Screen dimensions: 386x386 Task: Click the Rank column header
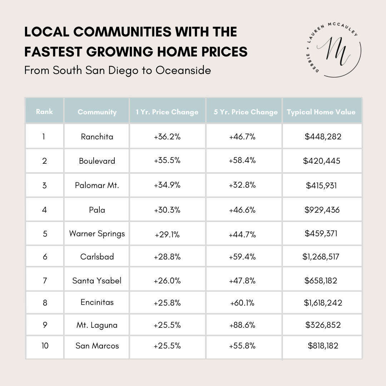click(x=44, y=112)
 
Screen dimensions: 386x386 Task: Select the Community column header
click(x=97, y=112)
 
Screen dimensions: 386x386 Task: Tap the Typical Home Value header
click(x=321, y=112)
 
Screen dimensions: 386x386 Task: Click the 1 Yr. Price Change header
click(x=167, y=112)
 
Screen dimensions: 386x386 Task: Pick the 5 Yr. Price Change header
click(x=246, y=112)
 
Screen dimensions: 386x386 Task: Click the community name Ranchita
click(x=97, y=137)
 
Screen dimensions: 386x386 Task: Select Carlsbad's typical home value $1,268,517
click(x=321, y=257)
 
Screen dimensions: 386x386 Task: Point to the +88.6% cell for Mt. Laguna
click(x=242, y=325)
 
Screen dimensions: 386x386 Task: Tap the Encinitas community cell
click(x=97, y=302)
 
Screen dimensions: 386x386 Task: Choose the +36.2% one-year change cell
click(x=167, y=137)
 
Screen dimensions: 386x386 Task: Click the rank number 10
click(x=45, y=346)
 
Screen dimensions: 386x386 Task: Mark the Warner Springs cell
click(x=97, y=234)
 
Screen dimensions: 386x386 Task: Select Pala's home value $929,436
click(x=322, y=210)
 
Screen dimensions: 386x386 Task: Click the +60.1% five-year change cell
click(x=242, y=303)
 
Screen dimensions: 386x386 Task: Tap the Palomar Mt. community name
click(x=97, y=185)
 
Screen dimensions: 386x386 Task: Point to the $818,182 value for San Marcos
click(x=323, y=346)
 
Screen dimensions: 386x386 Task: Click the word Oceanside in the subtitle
click(x=183, y=70)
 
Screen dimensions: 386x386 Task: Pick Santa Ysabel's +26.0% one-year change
click(x=167, y=281)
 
